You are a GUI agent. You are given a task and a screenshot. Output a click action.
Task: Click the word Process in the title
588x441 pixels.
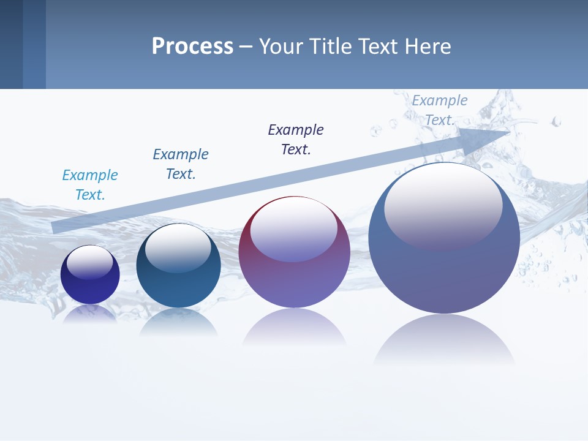click(192, 47)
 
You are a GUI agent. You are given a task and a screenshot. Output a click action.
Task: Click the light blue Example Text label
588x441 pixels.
click(90, 185)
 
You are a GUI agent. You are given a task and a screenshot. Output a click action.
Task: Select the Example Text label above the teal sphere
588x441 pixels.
click(180, 164)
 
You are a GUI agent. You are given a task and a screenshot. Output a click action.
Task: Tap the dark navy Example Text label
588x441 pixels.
click(296, 140)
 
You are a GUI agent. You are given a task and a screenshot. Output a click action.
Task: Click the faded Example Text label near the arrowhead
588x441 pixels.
click(439, 110)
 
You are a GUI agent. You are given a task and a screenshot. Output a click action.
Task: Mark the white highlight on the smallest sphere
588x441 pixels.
click(90, 262)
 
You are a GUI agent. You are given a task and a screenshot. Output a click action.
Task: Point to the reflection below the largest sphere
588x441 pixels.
click(444, 340)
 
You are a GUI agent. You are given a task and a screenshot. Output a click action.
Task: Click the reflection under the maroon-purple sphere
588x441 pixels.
click(294, 328)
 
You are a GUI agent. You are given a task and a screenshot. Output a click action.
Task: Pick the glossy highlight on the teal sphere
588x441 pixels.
click(178, 246)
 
